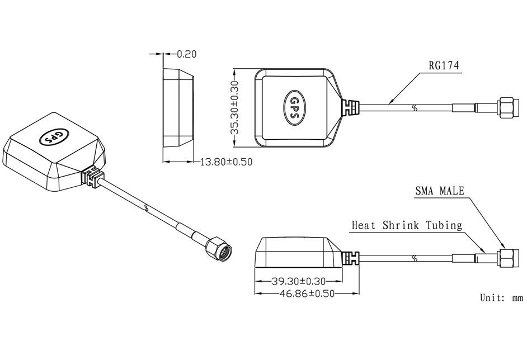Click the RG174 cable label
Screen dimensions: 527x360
pyautogui.click(x=443, y=65)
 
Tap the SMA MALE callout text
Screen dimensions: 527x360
pyautogui.click(x=440, y=191)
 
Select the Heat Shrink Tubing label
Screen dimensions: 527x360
pyautogui.click(x=407, y=225)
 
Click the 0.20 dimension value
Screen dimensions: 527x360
pyautogui.click(x=186, y=54)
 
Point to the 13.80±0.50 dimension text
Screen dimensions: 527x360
pyautogui.click(x=226, y=162)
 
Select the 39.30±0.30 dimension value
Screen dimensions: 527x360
pyautogui.click(x=298, y=281)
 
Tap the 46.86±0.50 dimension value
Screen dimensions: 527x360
pyautogui.click(x=307, y=293)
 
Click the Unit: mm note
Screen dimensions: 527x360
pyautogui.click(x=501, y=297)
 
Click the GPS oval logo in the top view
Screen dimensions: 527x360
pyautogui.click(x=294, y=108)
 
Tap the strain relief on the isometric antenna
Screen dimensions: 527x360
pyautogui.click(x=92, y=177)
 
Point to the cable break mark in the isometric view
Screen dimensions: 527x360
pyautogui.click(x=145, y=208)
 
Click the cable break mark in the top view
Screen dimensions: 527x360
pyautogui.click(x=416, y=108)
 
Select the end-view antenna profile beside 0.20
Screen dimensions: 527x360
pyautogui.click(x=178, y=108)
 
